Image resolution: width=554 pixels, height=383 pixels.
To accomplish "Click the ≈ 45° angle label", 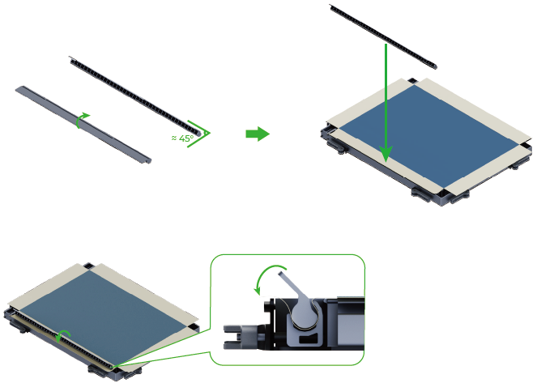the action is coord(183,138).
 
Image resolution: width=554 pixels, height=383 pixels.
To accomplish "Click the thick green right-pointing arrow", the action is coord(258,134).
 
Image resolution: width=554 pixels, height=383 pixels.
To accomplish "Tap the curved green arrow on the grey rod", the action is coord(82,119).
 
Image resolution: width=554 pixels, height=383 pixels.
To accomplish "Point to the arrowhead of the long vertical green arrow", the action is coord(386,152).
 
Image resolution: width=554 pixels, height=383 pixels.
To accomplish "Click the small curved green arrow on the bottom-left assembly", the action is coord(63,336).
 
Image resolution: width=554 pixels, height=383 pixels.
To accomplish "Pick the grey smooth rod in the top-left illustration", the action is coord(83,125).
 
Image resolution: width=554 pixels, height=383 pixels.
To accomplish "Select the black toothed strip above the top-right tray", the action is coord(383,36).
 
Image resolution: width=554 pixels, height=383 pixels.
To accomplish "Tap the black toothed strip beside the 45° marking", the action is coord(136,96).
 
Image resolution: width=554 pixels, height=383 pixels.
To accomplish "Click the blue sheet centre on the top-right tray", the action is coord(428,136).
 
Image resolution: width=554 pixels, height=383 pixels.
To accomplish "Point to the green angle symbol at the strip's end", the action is coord(198,134).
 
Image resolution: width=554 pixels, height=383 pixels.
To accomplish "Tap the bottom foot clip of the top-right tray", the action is coord(421,195).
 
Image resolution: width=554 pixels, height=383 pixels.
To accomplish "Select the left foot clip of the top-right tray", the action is coord(337,147).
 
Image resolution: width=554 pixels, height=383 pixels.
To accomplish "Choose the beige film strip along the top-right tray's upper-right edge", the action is coord(474,109).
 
